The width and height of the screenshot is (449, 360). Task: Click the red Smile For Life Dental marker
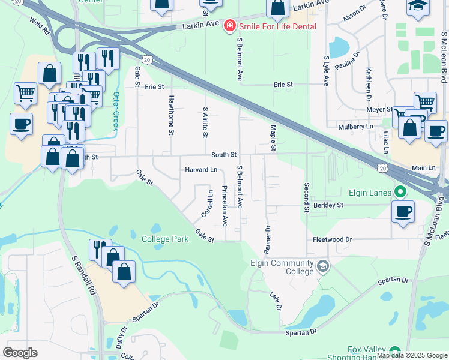coord(229,25)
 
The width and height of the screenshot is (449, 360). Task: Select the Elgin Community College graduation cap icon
coord(323,266)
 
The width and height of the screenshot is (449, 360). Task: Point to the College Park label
coord(165,239)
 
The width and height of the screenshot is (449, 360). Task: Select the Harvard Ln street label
coord(200,170)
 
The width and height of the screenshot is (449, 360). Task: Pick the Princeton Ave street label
coord(224,206)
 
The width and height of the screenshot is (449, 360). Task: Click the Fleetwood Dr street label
coord(332,239)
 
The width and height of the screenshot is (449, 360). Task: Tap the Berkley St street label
coord(328,205)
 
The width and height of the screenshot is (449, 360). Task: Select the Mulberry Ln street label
coord(355,127)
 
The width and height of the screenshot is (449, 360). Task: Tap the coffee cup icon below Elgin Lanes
coord(402,211)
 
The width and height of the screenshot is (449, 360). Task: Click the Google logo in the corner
coord(20,352)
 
